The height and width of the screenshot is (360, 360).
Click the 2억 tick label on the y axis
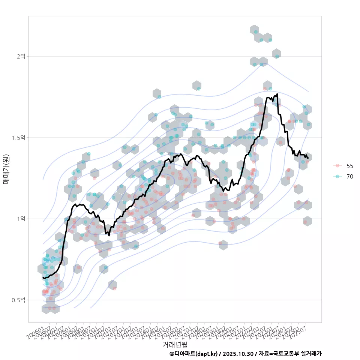(20, 56)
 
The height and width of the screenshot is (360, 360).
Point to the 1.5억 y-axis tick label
(18, 138)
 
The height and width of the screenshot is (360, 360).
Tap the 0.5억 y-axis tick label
(18, 300)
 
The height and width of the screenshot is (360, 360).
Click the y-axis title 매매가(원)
(6, 169)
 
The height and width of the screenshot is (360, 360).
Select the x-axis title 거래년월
(175, 344)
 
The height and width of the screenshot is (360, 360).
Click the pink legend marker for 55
(338, 166)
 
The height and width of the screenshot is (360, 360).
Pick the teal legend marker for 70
(338, 176)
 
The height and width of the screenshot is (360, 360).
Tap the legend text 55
(350, 166)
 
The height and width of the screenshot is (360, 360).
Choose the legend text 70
(350, 176)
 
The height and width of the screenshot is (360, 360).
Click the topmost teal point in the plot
(256, 32)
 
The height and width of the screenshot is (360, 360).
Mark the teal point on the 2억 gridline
(277, 56)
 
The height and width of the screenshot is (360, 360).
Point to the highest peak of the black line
(277, 94)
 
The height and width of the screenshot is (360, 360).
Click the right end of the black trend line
(308, 158)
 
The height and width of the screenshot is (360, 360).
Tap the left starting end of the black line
(43, 277)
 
